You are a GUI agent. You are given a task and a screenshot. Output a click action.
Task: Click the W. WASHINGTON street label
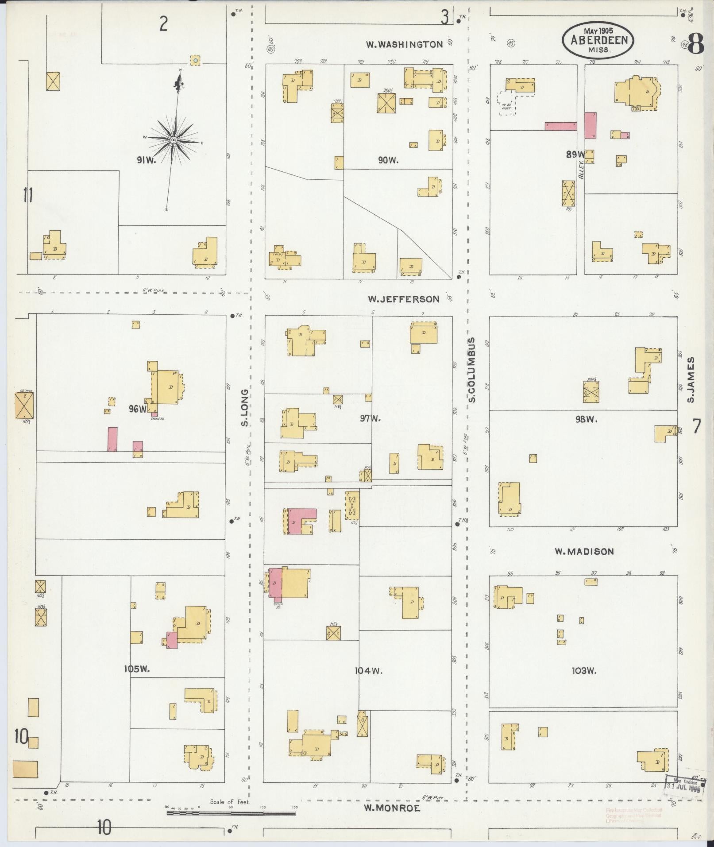[404, 44]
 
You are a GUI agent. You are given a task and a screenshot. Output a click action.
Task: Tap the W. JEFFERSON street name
[404, 299]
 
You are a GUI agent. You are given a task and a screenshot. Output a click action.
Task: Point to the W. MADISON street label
[584, 551]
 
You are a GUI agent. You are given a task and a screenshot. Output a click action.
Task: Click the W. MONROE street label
[392, 808]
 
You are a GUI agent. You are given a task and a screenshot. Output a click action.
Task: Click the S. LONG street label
[244, 408]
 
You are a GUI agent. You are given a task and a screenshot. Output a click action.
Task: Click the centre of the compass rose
[174, 140]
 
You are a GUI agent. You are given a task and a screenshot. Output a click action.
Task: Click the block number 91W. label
[147, 160]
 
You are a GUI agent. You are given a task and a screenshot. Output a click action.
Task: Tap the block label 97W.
[371, 418]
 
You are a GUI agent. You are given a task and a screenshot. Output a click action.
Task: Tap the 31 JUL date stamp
[684, 789]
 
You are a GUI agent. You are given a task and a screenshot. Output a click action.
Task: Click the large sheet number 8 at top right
[696, 44]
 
